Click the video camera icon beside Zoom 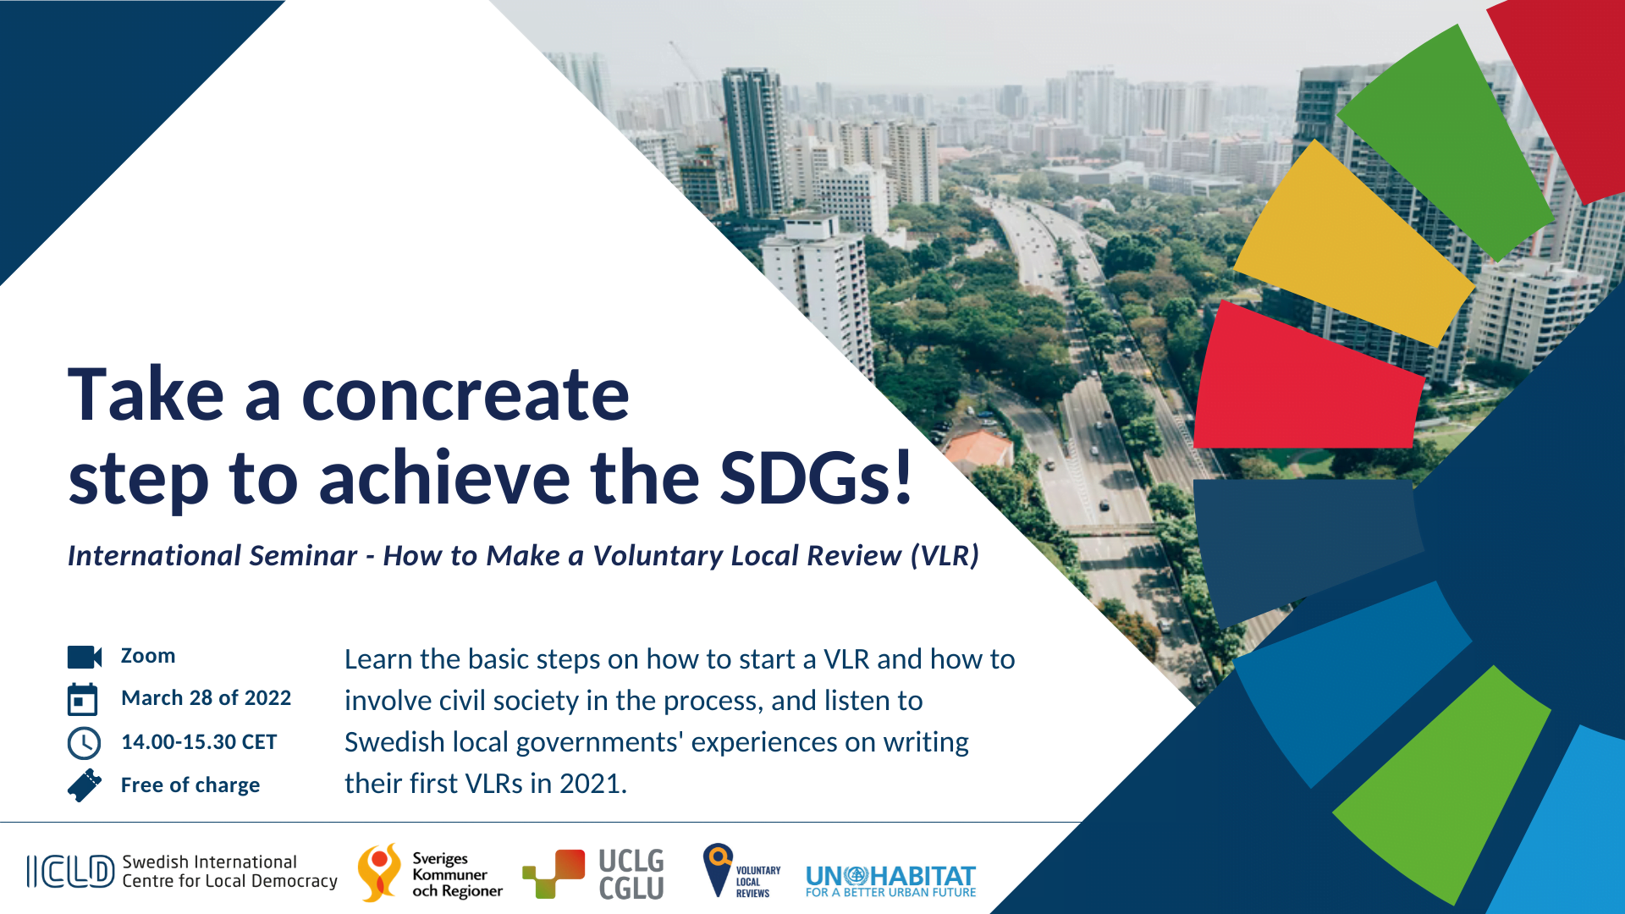(x=85, y=657)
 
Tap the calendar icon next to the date (x=83, y=699)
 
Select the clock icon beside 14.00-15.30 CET (x=84, y=743)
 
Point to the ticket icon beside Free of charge (x=85, y=785)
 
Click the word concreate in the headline (x=465, y=395)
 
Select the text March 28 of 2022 (x=206, y=698)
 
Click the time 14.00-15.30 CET (x=199, y=742)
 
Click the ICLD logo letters (x=70, y=872)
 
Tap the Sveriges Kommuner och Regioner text (x=457, y=875)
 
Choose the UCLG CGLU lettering (x=631, y=874)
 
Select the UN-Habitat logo (x=890, y=881)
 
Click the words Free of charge (x=190, y=785)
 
